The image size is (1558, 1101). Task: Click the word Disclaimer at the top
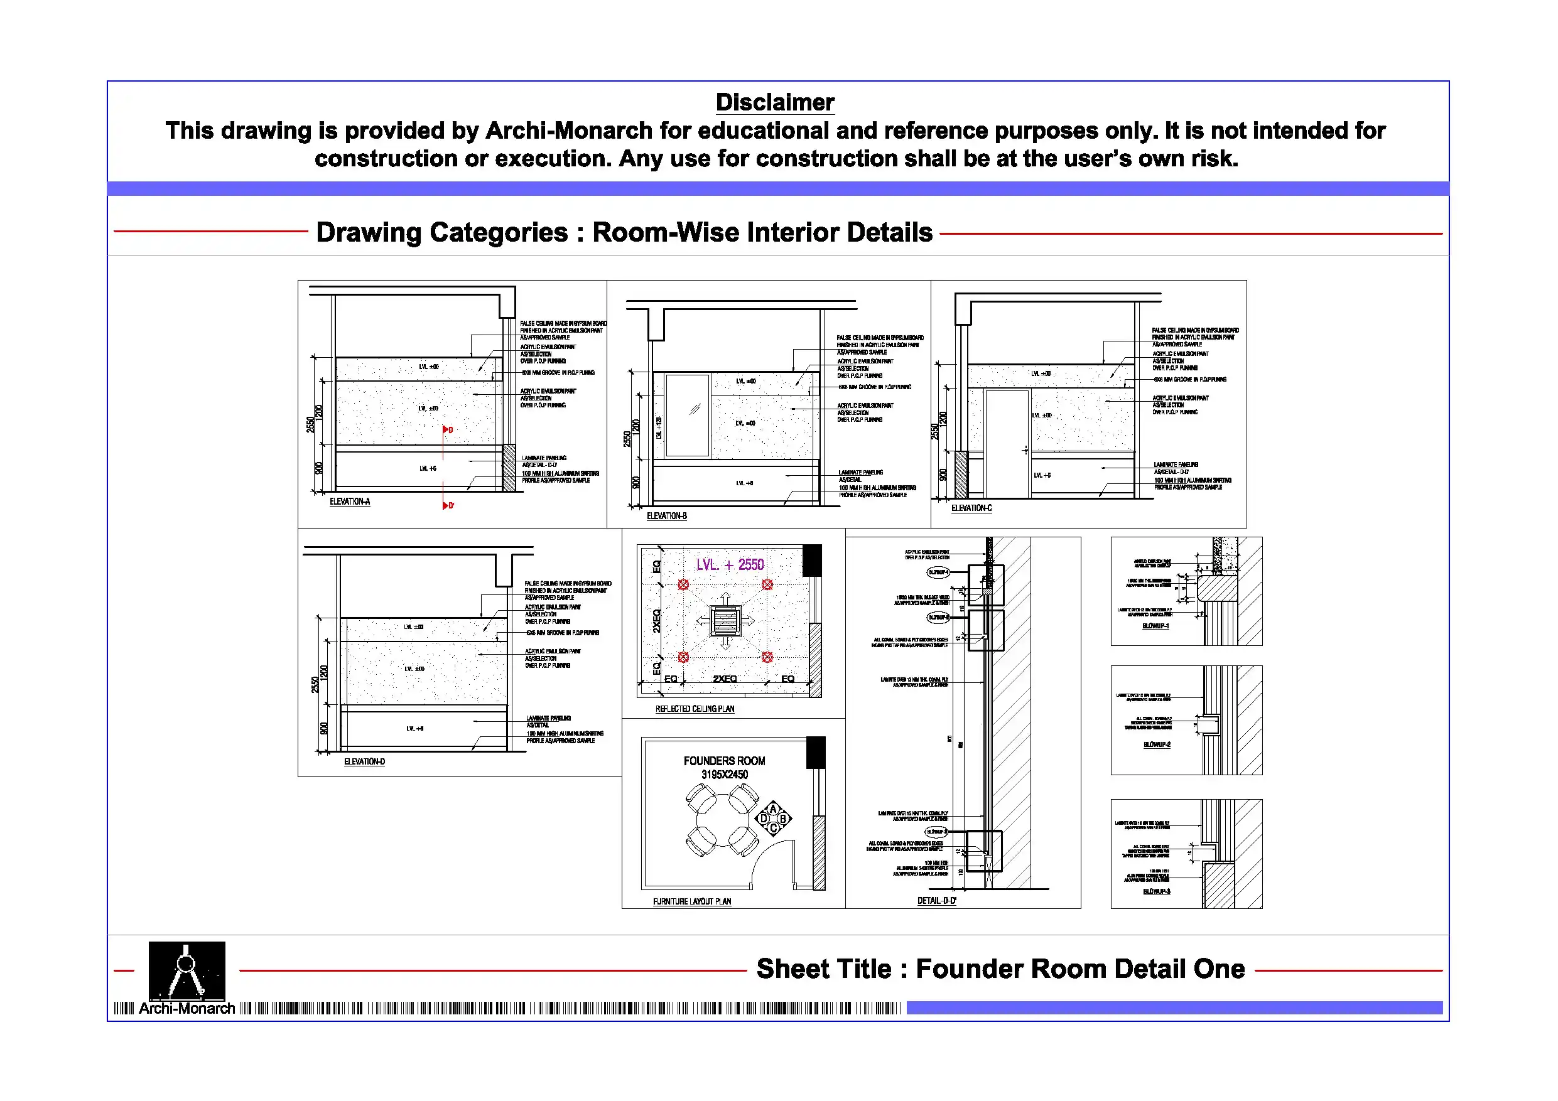(x=775, y=102)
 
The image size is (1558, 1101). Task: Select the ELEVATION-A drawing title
(x=349, y=502)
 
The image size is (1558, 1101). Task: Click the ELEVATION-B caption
(x=666, y=516)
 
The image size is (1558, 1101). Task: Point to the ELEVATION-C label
(x=971, y=508)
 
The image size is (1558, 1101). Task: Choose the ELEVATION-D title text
(x=364, y=762)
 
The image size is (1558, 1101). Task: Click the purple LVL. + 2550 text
(x=730, y=565)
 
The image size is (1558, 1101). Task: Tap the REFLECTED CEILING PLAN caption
(x=694, y=709)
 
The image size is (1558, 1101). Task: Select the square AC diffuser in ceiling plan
(x=725, y=621)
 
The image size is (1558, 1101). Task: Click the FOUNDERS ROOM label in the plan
(x=724, y=761)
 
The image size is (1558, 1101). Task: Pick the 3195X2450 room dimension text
(x=724, y=775)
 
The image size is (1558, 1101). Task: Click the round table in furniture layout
(x=723, y=820)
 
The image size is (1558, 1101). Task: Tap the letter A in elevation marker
(x=773, y=809)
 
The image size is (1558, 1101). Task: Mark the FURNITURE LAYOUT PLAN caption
(x=691, y=901)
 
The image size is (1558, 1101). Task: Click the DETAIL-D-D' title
(x=936, y=901)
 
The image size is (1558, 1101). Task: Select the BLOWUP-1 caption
(x=1155, y=626)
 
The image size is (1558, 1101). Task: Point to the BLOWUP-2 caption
(x=1156, y=745)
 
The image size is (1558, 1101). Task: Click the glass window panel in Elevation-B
(x=688, y=415)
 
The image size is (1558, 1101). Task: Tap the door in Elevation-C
(x=1006, y=444)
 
